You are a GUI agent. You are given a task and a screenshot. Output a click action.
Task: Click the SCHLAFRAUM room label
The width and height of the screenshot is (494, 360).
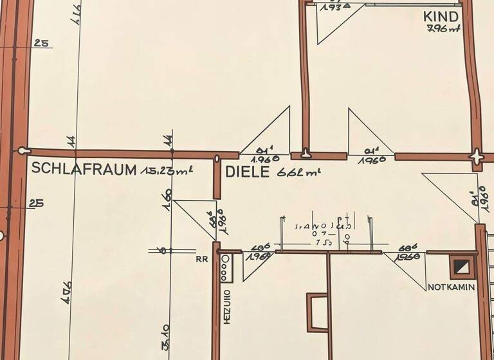point(84,169)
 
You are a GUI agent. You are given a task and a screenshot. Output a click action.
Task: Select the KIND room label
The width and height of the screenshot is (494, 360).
point(441,16)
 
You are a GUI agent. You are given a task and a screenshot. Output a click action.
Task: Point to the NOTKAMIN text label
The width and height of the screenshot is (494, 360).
point(452,287)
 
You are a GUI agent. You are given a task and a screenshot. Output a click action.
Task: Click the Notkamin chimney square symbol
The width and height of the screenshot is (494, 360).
point(461,266)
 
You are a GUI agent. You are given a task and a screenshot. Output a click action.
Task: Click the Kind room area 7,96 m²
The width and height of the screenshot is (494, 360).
point(442,28)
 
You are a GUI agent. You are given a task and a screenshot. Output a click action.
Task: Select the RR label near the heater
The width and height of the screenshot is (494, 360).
point(201,261)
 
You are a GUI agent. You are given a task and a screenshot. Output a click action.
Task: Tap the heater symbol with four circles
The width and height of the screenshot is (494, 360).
point(226,268)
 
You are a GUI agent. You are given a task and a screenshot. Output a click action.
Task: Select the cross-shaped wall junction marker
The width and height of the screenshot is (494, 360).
point(477,156)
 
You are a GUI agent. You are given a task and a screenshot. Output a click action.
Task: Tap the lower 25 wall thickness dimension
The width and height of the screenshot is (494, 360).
point(37,203)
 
